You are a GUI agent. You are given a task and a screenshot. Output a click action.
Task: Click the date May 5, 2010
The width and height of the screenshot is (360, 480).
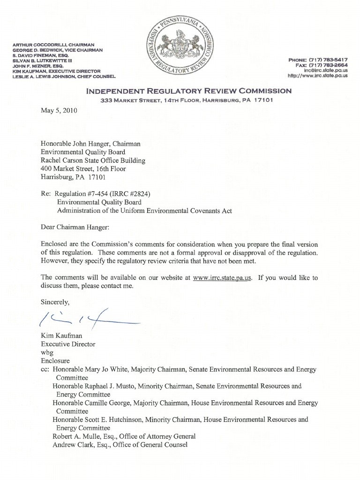(59, 111)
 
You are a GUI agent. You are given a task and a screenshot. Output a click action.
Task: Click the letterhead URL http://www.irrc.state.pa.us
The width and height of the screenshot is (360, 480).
(317, 75)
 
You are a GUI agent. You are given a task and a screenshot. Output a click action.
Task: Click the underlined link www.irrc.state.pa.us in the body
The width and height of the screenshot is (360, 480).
(222, 277)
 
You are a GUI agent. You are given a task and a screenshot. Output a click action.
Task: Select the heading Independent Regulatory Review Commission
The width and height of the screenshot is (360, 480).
(189, 91)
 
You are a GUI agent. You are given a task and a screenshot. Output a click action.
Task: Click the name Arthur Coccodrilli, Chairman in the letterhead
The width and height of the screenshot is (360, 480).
(54, 45)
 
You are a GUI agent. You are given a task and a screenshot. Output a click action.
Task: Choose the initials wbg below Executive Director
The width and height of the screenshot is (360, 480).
(47, 352)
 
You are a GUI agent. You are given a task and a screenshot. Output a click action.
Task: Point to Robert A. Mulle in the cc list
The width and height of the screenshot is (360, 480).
(77, 436)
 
